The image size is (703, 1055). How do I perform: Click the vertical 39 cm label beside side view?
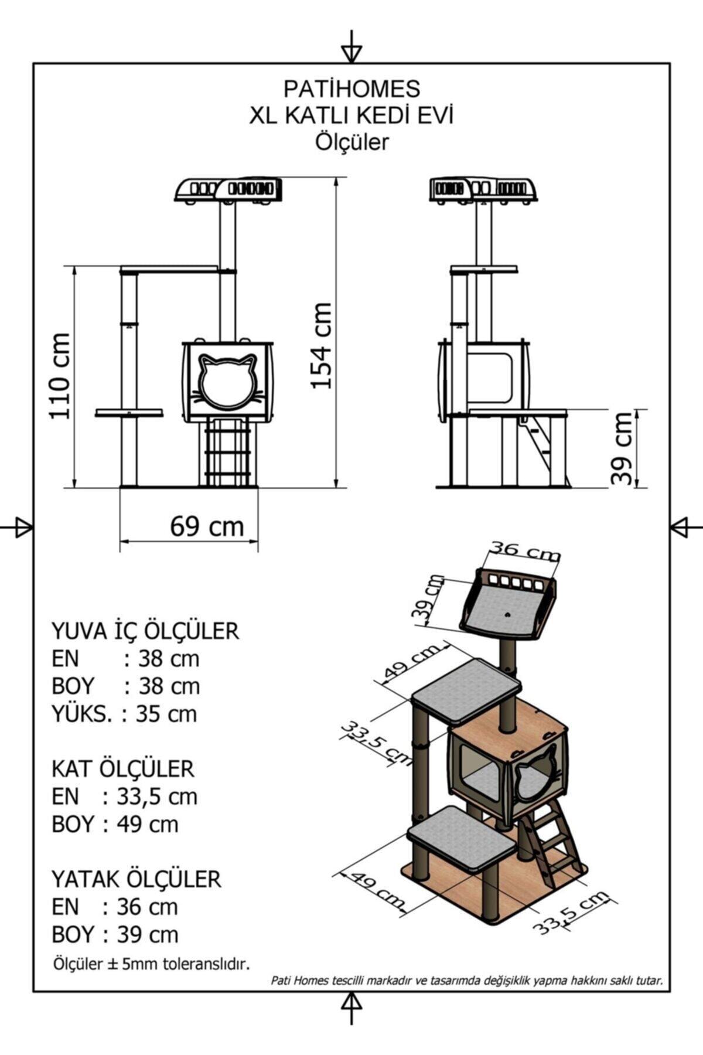pyautogui.click(x=622, y=448)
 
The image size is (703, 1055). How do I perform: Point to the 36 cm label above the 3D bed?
pyautogui.click(x=525, y=551)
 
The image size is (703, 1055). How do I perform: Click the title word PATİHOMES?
pyautogui.click(x=351, y=89)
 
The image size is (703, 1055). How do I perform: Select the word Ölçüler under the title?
pyautogui.click(x=351, y=142)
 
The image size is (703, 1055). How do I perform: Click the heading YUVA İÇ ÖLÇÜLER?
pyautogui.click(x=145, y=631)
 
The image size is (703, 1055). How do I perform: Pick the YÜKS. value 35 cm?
pyautogui.click(x=166, y=714)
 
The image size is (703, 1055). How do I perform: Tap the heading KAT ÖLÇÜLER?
pyautogui.click(x=122, y=768)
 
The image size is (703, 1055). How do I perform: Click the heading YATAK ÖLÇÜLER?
pyautogui.click(x=136, y=879)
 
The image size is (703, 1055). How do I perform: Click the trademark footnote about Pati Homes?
pyautogui.click(x=467, y=980)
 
